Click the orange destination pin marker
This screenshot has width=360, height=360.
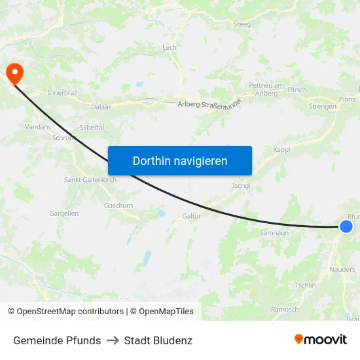point(13,72)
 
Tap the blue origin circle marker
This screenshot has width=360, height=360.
point(346,226)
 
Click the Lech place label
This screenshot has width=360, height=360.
point(170,48)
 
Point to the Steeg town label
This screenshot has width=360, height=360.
point(242,24)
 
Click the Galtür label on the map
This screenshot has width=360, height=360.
point(191,216)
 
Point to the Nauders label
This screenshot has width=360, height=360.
point(343,269)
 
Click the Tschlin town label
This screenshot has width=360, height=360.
point(306,285)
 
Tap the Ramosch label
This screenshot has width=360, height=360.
point(285,310)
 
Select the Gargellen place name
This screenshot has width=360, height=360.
point(64,213)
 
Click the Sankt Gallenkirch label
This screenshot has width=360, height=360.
point(90,179)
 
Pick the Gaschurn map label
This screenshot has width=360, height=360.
point(118,205)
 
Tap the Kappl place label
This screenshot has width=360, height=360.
point(281,150)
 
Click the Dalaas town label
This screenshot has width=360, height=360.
point(101,106)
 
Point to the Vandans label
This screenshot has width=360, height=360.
point(38,127)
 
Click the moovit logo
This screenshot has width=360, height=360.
point(320,340)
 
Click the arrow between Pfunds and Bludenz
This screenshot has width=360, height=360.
point(113,340)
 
